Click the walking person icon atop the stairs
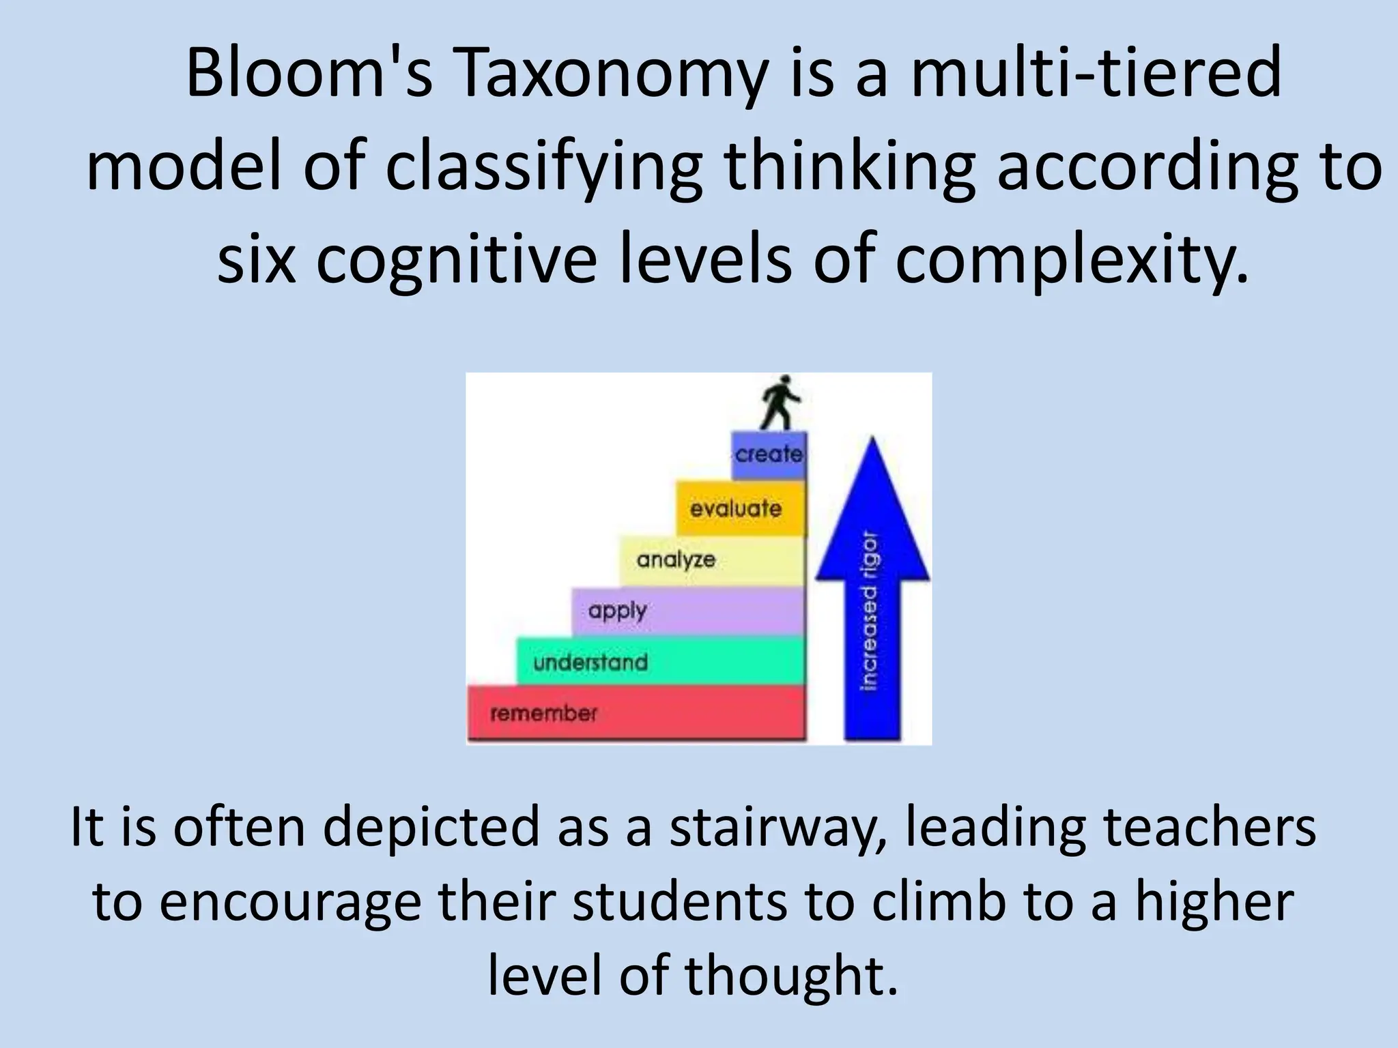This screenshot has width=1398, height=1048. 781,403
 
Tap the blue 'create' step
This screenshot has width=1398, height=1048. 769,454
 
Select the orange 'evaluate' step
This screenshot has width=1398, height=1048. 740,508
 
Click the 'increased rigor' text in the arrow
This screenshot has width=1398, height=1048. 870,611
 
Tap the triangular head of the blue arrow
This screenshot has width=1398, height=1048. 872,519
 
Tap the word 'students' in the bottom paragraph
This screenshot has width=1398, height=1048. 679,902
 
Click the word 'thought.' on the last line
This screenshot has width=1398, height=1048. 791,976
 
